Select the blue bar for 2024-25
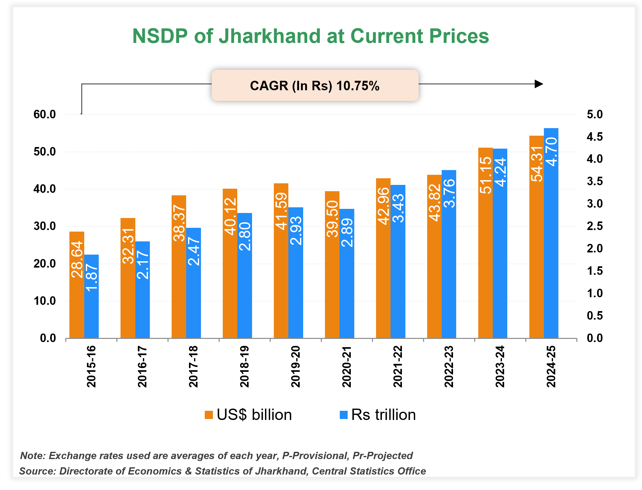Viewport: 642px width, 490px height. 551,252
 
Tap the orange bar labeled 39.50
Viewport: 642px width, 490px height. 332,284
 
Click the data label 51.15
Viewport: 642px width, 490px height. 486,175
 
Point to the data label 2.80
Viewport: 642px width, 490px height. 245,236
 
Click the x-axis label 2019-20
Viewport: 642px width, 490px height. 296,366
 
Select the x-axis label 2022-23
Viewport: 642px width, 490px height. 449,366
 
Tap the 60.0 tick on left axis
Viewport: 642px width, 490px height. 44,115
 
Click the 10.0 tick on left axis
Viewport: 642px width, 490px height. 44,301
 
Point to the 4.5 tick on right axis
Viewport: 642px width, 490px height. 594,137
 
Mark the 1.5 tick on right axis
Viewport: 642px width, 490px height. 594,271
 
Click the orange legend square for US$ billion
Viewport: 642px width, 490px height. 209,415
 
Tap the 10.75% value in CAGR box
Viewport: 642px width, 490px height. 358,86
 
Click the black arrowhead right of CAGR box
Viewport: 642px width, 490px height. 539,84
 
